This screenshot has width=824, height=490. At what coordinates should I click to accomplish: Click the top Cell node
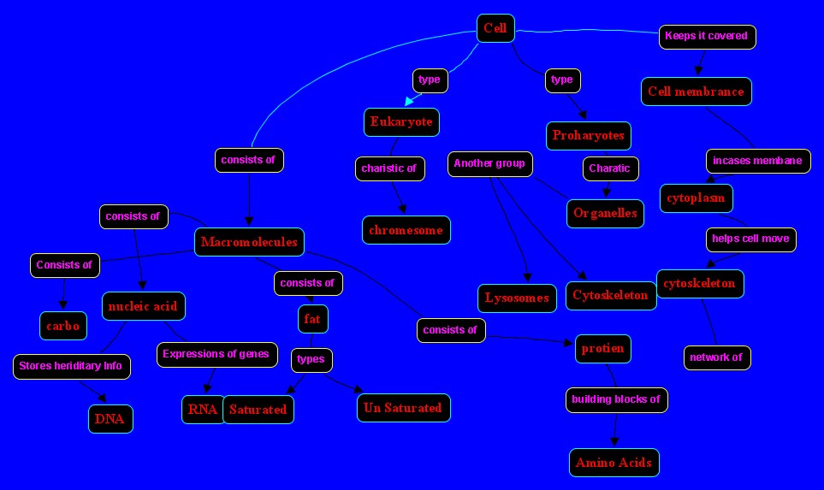[495, 28]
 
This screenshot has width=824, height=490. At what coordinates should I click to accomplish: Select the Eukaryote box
[401, 122]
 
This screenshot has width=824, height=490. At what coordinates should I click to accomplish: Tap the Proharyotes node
[589, 135]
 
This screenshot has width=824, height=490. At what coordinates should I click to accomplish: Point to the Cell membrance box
[696, 92]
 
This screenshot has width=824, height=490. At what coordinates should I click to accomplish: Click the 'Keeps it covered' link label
[707, 37]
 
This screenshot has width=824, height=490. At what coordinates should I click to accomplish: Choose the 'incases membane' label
[757, 161]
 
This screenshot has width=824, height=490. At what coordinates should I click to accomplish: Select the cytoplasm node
[696, 198]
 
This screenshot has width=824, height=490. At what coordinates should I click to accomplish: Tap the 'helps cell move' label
[750, 239]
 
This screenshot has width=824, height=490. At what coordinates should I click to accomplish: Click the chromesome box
[406, 230]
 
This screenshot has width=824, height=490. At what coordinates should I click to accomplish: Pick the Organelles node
[605, 213]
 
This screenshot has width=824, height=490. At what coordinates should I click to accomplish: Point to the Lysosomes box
[516, 298]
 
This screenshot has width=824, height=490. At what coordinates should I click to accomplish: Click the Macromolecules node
[249, 242]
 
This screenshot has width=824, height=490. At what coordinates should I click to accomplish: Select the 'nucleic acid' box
[143, 305]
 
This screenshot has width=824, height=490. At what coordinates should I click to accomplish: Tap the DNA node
[110, 419]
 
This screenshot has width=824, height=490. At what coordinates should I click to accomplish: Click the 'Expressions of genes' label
[216, 354]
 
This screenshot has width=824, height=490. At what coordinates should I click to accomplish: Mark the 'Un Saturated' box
[403, 408]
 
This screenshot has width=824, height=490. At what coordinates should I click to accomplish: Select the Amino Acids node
[614, 463]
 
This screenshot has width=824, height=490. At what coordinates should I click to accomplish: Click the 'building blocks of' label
[615, 399]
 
